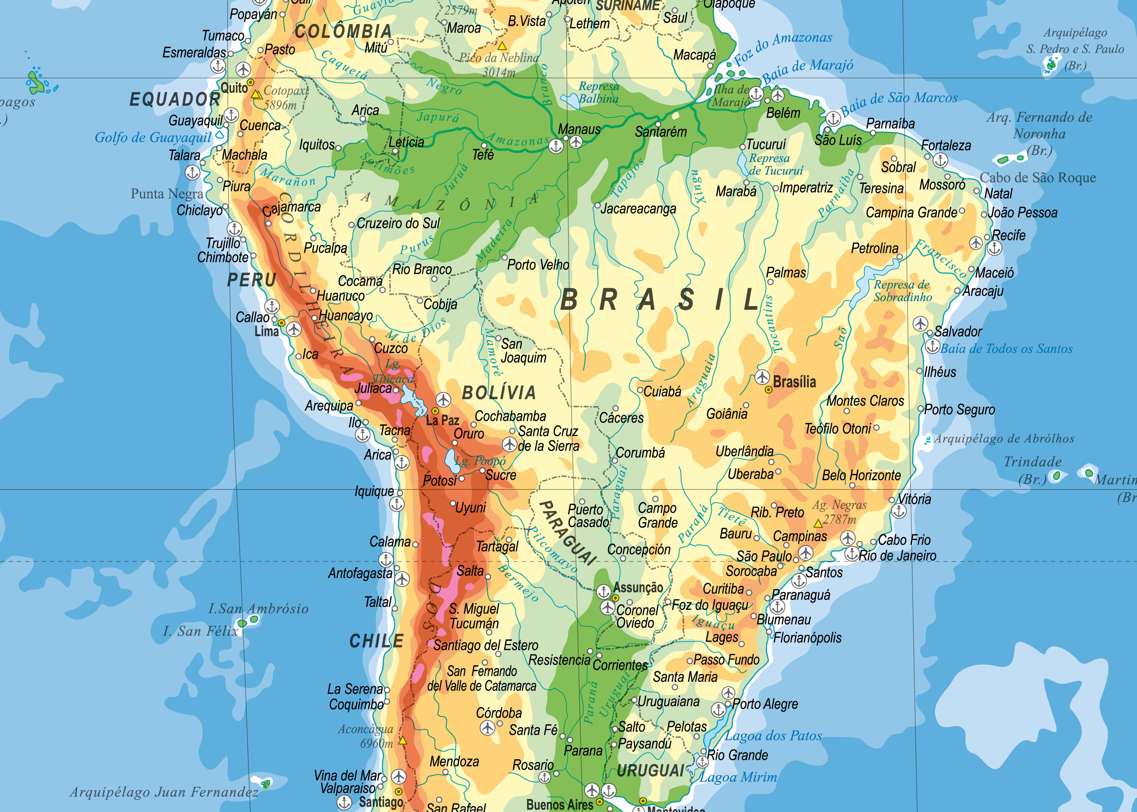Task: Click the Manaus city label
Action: tap(579, 129)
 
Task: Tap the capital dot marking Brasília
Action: tap(768, 389)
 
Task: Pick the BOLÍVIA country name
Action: tap(499, 392)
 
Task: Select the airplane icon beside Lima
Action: tap(294, 329)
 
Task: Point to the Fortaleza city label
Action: tap(946, 145)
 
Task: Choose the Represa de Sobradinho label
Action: tap(902, 291)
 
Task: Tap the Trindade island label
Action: tap(1032, 461)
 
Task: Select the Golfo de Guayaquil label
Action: tap(153, 137)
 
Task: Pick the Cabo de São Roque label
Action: tap(1038, 178)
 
